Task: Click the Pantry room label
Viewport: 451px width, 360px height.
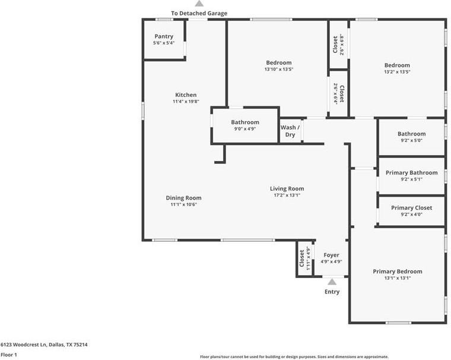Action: point(164,37)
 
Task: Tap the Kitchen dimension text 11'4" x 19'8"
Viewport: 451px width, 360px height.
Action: point(185,102)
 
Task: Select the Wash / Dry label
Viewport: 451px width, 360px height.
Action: point(290,131)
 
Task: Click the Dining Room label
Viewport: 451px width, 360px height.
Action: point(183,198)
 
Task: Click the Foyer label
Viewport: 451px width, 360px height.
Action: point(331,255)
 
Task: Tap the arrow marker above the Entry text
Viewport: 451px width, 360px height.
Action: point(332,282)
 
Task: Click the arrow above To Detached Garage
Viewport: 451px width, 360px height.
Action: point(199,4)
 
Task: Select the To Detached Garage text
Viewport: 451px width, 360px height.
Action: point(199,13)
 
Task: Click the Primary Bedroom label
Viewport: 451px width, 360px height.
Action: point(398,271)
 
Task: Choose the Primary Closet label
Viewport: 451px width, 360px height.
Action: point(411,208)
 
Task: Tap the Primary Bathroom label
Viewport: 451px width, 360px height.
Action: point(411,173)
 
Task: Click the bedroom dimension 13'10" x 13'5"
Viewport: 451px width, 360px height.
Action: point(279,70)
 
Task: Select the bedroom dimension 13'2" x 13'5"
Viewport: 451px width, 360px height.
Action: point(397,72)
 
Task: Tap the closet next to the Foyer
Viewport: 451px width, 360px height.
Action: point(304,258)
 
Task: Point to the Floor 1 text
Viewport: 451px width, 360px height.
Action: point(8,355)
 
